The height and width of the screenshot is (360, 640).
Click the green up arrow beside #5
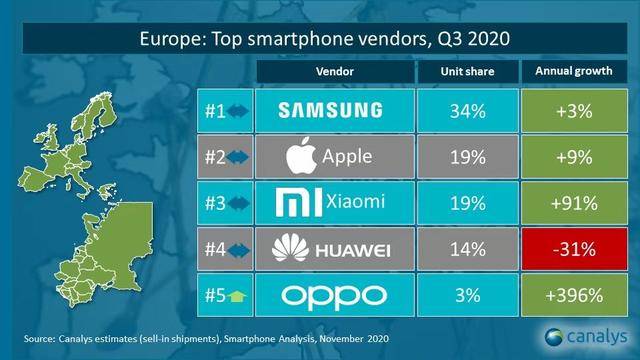[235, 297]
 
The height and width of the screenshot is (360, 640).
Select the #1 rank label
[211, 109]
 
